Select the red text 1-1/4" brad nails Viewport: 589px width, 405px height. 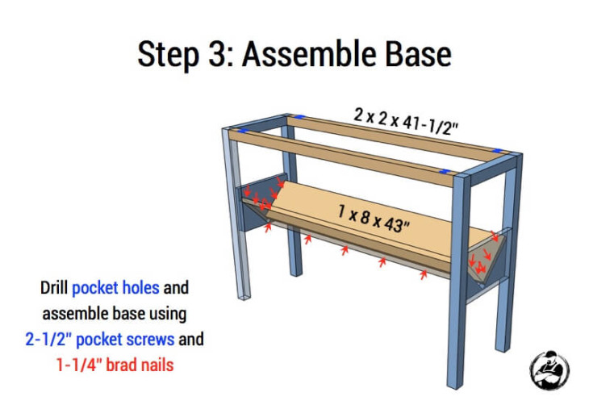(x=115, y=364)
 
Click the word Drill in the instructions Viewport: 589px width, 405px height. (x=55, y=287)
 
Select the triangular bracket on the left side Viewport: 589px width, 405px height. (x=258, y=206)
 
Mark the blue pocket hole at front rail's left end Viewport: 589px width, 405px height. (x=239, y=131)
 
